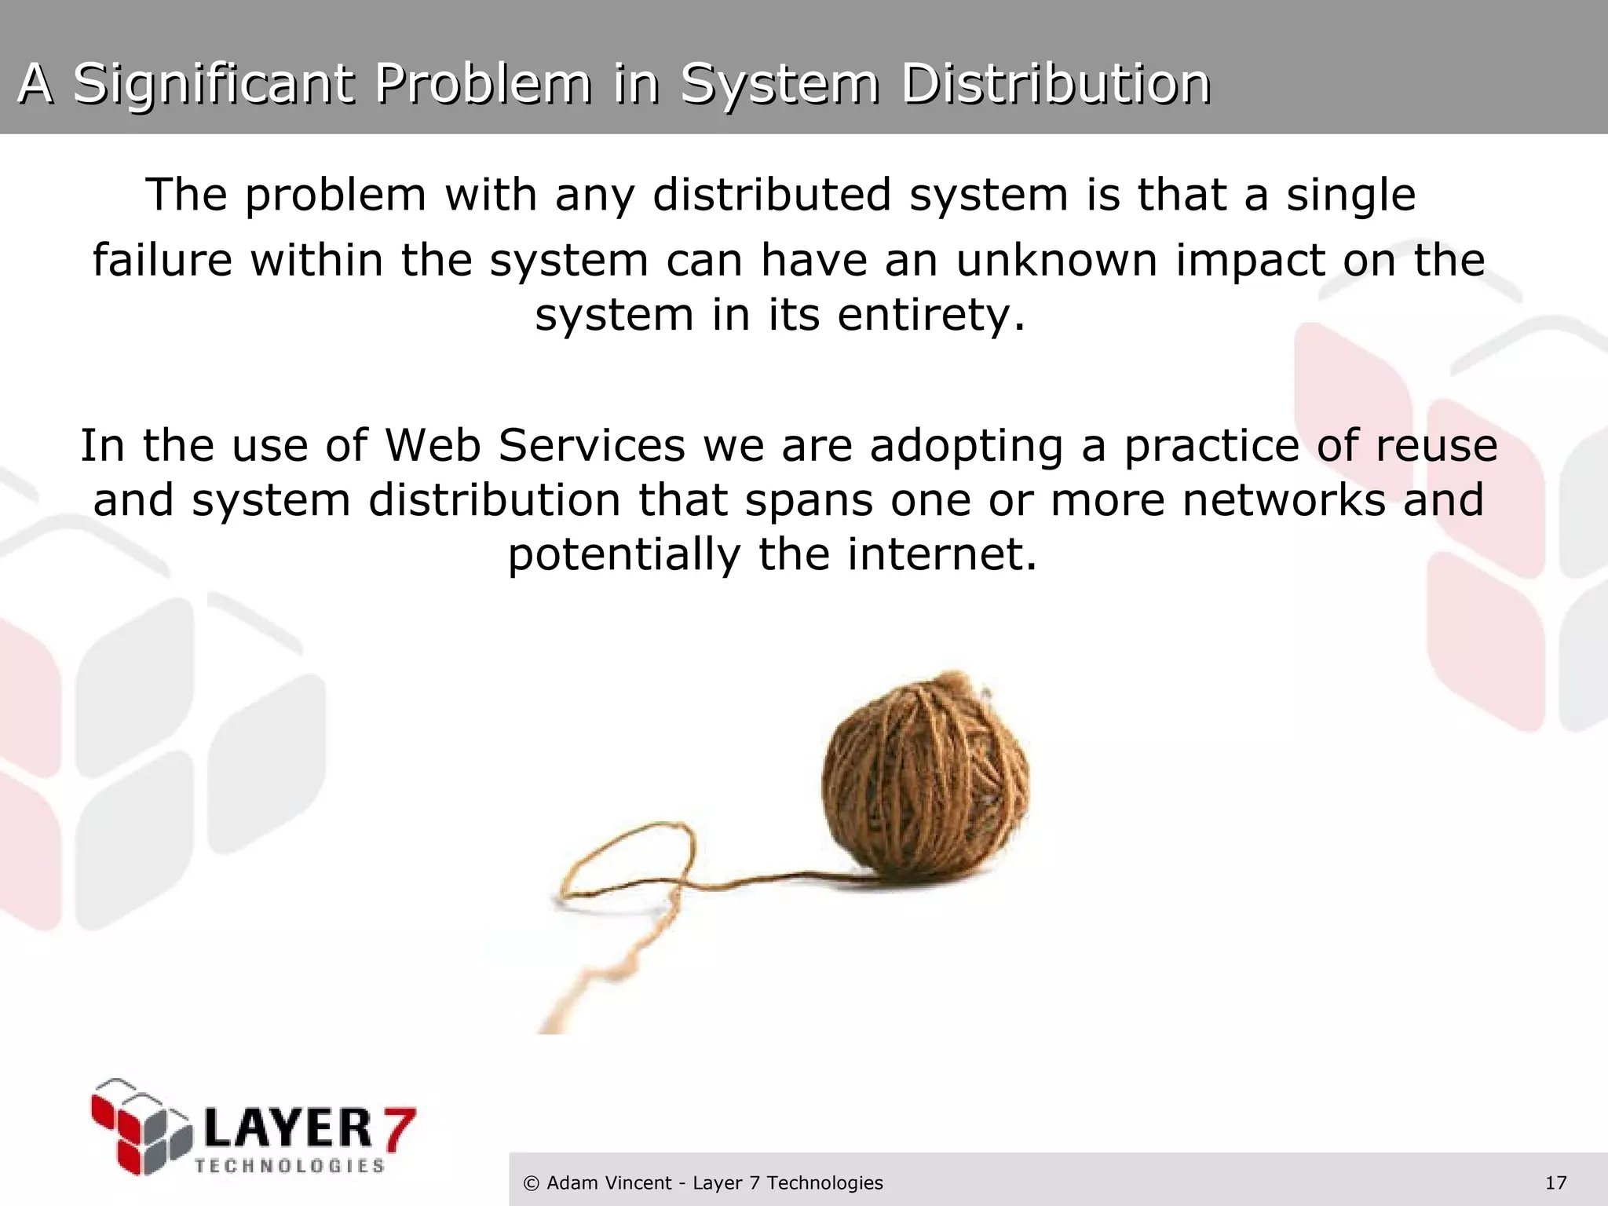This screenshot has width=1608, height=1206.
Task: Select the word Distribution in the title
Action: tap(1055, 83)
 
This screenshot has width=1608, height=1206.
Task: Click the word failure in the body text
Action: tap(163, 260)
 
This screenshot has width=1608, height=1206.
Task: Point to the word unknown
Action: tap(1056, 260)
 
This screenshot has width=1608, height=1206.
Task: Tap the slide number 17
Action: tap(1555, 1183)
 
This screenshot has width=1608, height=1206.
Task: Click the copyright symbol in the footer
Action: tap(532, 1183)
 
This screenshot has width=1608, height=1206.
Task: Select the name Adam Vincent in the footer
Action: tap(609, 1183)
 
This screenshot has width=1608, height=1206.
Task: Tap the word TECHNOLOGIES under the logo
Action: tap(290, 1166)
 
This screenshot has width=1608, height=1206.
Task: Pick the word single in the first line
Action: tap(1350, 195)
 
